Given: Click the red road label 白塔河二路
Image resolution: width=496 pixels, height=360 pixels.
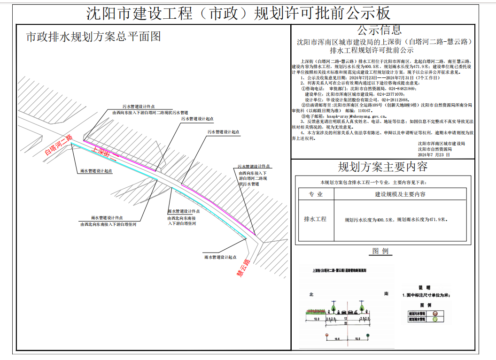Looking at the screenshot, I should (x=58, y=146).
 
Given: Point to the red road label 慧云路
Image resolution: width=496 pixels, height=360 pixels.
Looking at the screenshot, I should (x=244, y=268).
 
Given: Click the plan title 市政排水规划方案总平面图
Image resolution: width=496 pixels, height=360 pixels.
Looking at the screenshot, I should (x=93, y=37).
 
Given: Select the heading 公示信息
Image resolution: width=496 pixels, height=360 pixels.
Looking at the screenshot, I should (x=380, y=30).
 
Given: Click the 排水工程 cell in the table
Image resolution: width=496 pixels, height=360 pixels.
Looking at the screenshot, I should (x=315, y=219).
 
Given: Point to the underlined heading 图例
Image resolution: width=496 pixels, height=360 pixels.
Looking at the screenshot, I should (x=380, y=251).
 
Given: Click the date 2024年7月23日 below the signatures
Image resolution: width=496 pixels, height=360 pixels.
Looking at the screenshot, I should (x=434, y=154).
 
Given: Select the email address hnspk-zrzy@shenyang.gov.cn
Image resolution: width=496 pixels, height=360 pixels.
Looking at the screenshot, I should (x=356, y=115).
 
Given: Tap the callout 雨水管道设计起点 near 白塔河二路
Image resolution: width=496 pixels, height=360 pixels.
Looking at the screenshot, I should (x=96, y=171).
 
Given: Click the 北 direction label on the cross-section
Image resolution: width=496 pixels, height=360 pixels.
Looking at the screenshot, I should (x=311, y=294).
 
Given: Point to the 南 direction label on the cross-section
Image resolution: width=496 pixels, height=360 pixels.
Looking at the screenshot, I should (x=386, y=294).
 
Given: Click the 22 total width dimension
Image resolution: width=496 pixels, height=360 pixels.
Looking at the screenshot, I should (x=346, y=323).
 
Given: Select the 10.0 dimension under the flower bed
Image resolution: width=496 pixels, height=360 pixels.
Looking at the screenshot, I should (x=317, y=319).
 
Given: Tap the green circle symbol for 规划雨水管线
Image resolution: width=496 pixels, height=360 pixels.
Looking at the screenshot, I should (x=434, y=319).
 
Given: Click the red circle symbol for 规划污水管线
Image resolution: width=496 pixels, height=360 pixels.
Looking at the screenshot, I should (x=434, y=313).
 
